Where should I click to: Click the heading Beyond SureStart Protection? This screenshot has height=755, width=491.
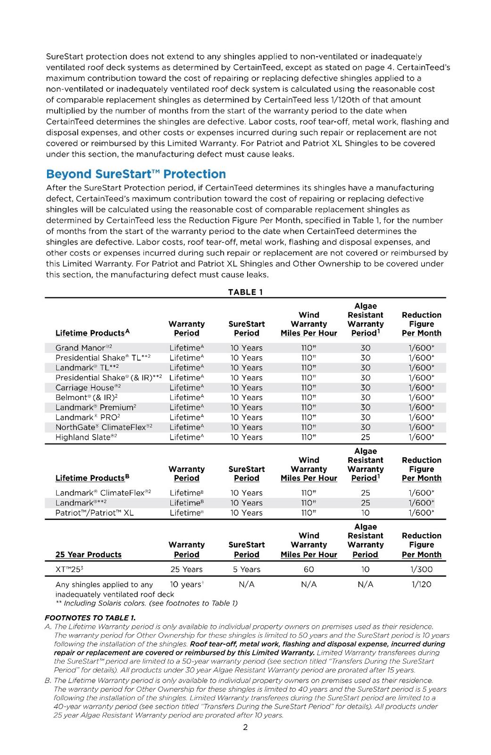[136, 174]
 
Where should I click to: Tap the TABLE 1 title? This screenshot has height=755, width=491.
[245, 292]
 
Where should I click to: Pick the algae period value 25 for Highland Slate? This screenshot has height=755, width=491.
[366, 437]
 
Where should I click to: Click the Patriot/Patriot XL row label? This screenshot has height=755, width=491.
[94, 512]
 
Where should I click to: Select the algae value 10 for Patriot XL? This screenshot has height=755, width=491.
[366, 512]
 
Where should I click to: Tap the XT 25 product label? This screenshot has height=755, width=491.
[69, 569]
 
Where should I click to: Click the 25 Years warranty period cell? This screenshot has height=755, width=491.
[186, 569]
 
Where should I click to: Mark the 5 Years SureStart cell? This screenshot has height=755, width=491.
[246, 569]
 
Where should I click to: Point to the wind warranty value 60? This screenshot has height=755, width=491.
[309, 569]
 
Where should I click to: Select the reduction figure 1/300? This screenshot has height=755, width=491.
[421, 569]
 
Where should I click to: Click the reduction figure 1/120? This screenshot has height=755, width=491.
[421, 584]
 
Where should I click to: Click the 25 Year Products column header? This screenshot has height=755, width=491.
[88, 554]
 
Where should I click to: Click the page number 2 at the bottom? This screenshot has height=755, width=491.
[245, 727]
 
